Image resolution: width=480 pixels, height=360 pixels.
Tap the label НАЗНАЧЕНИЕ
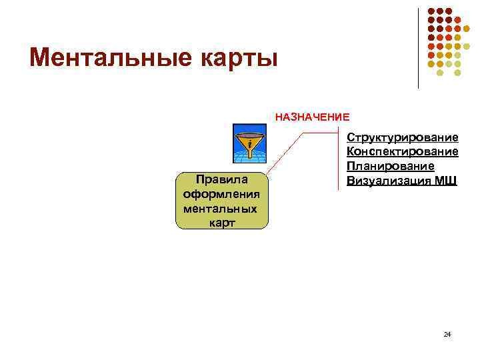(x=312, y=117)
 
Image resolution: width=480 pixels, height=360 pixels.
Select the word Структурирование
(x=402, y=137)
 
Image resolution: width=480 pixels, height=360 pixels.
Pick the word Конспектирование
(x=402, y=152)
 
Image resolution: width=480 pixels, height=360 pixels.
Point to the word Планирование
(x=390, y=166)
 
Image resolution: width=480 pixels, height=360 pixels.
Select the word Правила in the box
(x=222, y=179)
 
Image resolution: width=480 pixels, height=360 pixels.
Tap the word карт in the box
(x=222, y=223)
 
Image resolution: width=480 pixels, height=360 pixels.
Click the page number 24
(x=447, y=333)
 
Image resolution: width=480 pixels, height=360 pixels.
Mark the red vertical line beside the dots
(x=419, y=47)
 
